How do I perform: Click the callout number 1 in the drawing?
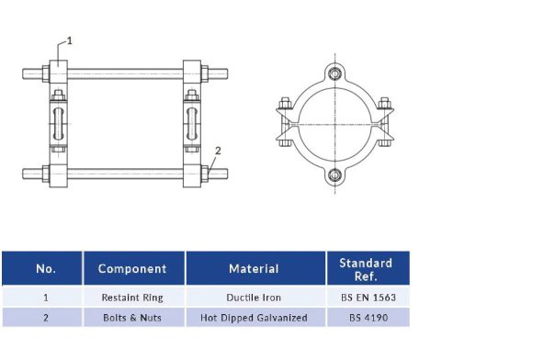pyautogui.click(x=70, y=40)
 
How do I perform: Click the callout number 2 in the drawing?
pyautogui.click(x=218, y=149)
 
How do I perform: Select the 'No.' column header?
pyautogui.click(x=45, y=269)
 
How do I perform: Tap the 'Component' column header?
pyautogui.click(x=132, y=269)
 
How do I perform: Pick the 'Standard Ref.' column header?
pyautogui.click(x=366, y=269)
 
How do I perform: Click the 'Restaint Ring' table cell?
pyautogui.click(x=132, y=298)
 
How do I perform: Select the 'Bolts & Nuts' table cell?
pyautogui.click(x=132, y=318)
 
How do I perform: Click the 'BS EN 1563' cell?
pyautogui.click(x=366, y=298)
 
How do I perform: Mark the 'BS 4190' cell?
pyautogui.click(x=366, y=318)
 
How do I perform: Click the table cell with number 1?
pyautogui.click(x=45, y=298)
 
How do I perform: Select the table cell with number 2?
pyautogui.click(x=45, y=318)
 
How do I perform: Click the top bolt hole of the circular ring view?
pyautogui.click(x=337, y=74)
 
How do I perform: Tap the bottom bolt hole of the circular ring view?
pyautogui.click(x=337, y=176)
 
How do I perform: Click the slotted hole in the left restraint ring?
pyautogui.click(x=57, y=124)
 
